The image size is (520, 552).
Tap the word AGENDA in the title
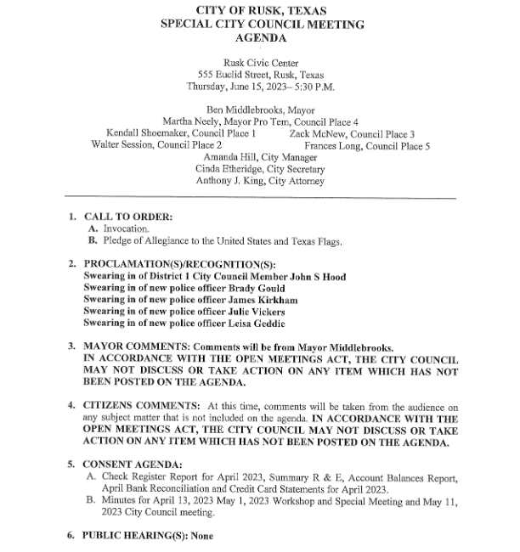pyautogui.click(x=261, y=38)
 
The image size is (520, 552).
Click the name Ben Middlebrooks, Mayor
pyautogui.click(x=260, y=110)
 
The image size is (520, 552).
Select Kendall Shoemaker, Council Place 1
pyautogui.click(x=181, y=134)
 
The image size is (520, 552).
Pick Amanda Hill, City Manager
pyautogui.click(x=260, y=158)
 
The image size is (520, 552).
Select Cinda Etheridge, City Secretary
pyautogui.click(x=260, y=169)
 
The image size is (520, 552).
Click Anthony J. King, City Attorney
pyautogui.click(x=260, y=181)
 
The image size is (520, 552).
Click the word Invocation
pyautogui.click(x=126, y=229)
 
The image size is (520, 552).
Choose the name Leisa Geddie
pyautogui.click(x=258, y=324)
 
